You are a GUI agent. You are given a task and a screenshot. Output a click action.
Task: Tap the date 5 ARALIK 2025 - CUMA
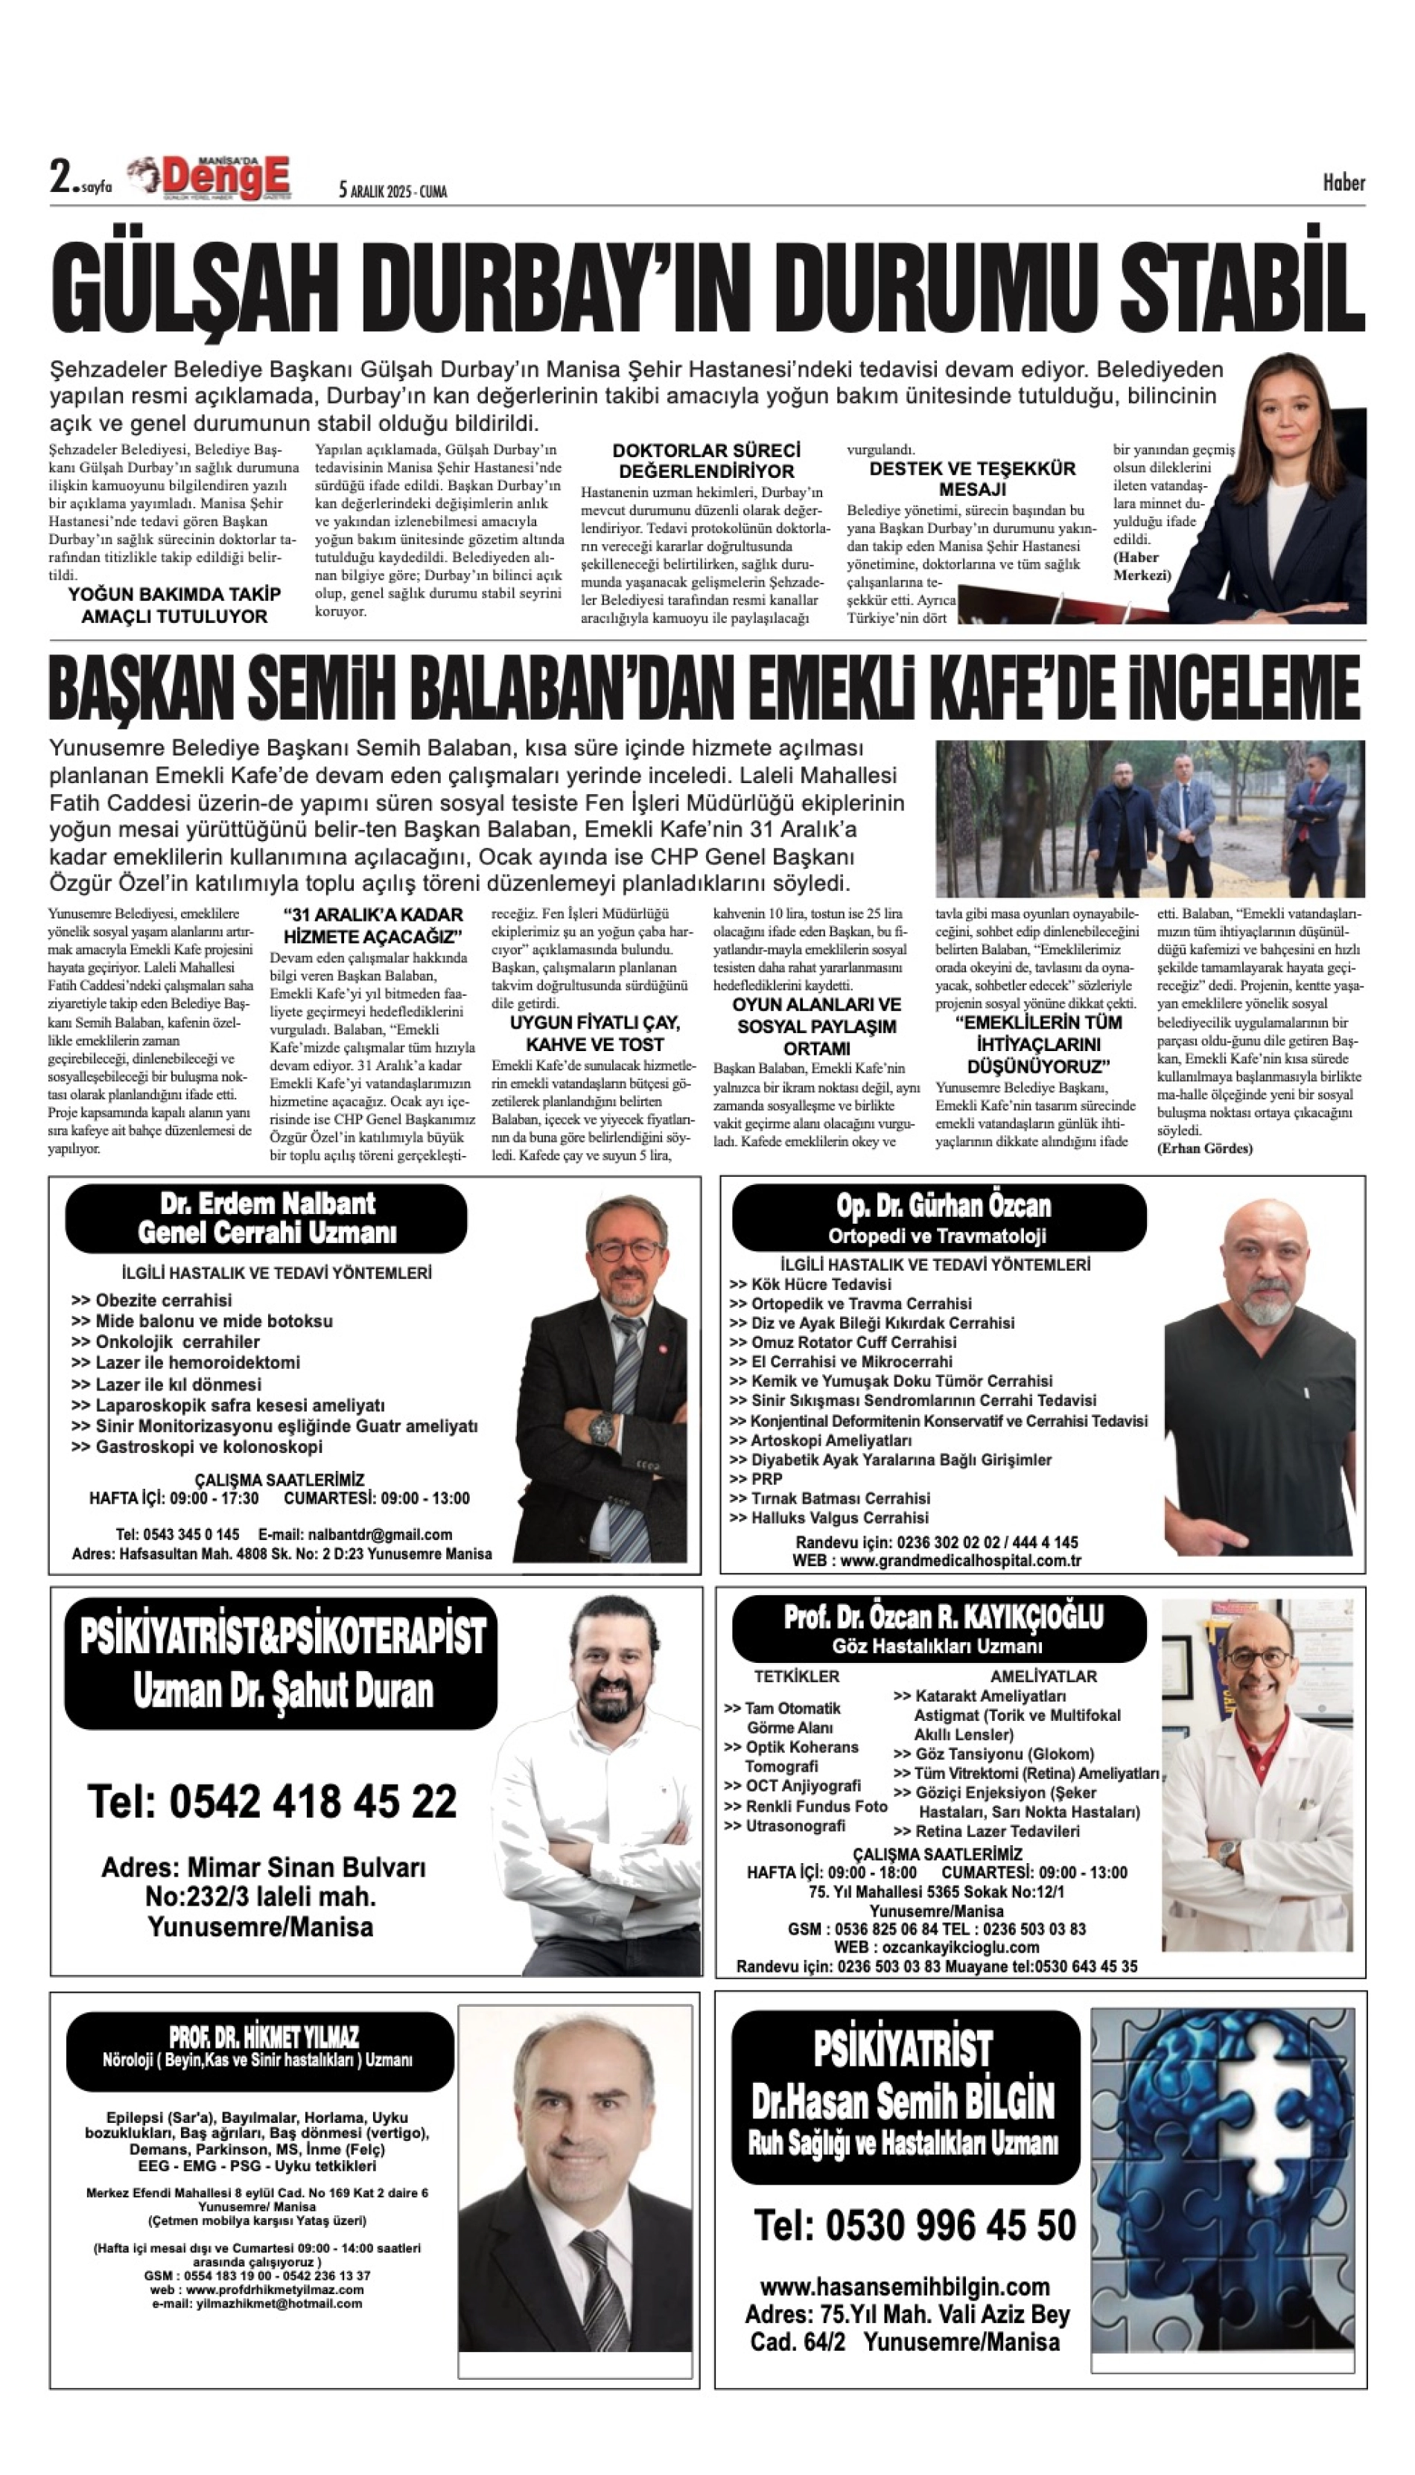click(392, 191)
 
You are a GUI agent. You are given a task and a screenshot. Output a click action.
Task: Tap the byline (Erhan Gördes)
click(1204, 1148)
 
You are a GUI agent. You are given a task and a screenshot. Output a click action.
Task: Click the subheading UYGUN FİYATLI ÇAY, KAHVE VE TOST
click(595, 1033)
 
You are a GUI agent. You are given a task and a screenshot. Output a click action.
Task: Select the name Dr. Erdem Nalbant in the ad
click(267, 1204)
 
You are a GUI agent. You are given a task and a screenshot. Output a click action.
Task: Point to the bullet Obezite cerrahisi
click(163, 1300)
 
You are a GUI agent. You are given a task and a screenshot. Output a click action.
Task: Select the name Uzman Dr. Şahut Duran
click(283, 1692)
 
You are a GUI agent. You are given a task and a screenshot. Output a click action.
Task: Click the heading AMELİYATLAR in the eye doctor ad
click(1043, 1676)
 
